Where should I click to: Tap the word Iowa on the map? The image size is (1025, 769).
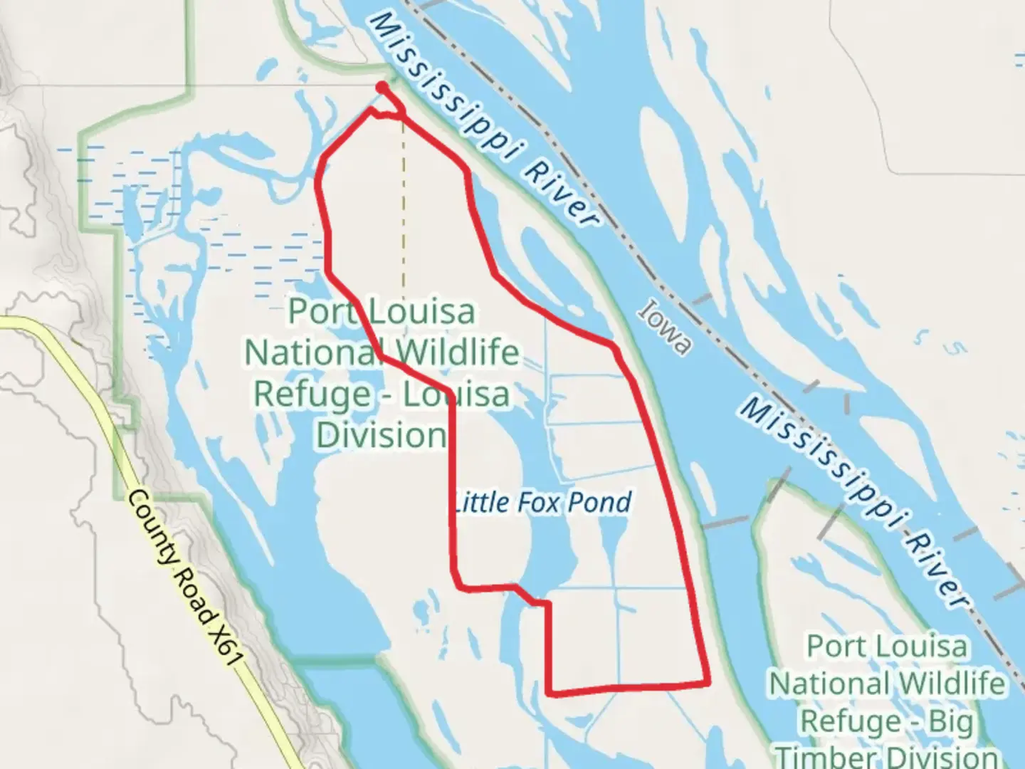665,327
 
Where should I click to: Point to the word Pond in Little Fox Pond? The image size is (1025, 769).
604,503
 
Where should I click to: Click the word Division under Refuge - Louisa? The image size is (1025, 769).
382,434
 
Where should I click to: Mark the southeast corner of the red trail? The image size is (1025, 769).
708,683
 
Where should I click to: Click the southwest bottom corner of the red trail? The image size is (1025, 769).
550,691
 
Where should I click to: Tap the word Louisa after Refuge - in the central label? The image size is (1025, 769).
456,394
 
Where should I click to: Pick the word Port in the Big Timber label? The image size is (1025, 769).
834,647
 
